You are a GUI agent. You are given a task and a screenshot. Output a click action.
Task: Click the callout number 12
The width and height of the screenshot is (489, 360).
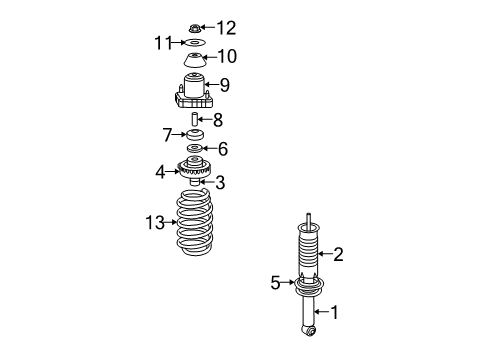coord(227,27)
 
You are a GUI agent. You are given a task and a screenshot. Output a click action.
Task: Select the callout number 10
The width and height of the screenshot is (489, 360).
coord(227,56)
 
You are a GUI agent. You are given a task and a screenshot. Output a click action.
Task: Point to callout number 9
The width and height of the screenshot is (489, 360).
coord(224,86)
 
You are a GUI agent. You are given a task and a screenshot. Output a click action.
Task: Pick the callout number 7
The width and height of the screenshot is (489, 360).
coord(168,133)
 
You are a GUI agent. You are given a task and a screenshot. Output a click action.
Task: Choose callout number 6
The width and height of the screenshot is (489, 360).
coord(222,149)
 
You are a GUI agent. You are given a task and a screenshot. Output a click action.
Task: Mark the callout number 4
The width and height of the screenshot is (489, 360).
coord(160,172)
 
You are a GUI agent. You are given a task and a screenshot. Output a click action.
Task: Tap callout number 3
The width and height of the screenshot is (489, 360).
coord(220,182)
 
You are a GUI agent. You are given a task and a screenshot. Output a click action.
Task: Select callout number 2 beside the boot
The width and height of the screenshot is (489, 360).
coord(338,255)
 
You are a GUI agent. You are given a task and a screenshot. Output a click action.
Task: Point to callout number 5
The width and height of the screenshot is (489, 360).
coord(275,283)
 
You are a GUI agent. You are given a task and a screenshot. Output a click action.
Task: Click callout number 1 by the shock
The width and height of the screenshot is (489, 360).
coord(335,312)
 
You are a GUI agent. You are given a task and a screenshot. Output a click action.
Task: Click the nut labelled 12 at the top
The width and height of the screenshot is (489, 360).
coord(194,26)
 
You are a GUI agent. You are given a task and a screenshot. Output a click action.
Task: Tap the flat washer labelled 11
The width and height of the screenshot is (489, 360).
coord(194,43)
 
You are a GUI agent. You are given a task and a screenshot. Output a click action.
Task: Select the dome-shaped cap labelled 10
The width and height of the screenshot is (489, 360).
coord(194,58)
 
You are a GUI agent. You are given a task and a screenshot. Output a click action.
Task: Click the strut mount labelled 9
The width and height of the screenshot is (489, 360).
coord(194,93)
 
